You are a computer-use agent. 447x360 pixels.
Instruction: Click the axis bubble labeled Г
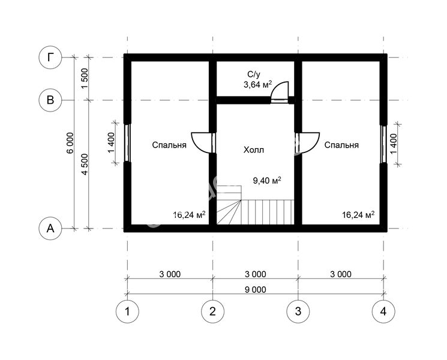[x=50, y=58]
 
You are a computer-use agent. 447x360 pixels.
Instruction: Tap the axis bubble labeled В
[x=50, y=100]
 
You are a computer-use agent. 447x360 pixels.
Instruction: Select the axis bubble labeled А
[x=50, y=229]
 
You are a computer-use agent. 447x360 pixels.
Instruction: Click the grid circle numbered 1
[x=127, y=311]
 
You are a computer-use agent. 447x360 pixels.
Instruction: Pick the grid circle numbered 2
[x=212, y=311]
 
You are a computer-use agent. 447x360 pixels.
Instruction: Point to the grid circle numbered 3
[x=298, y=311]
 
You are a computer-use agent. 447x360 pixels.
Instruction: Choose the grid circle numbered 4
[x=383, y=311]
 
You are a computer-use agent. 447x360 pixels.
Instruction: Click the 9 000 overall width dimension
[x=256, y=290]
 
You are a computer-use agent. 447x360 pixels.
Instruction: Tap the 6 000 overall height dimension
[x=70, y=143]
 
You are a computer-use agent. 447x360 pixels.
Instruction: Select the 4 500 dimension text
[x=85, y=164]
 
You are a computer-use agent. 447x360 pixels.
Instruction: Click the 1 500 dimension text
[x=85, y=79]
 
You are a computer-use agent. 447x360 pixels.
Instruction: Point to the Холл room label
[x=253, y=149]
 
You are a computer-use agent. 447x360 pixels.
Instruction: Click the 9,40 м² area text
[x=267, y=180]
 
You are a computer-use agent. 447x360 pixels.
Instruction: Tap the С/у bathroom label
[x=254, y=74]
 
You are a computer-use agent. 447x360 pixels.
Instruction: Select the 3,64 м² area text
[x=258, y=85]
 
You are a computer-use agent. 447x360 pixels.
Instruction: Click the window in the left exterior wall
[x=127, y=143]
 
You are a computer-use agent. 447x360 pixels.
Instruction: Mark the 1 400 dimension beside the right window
[x=394, y=143]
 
